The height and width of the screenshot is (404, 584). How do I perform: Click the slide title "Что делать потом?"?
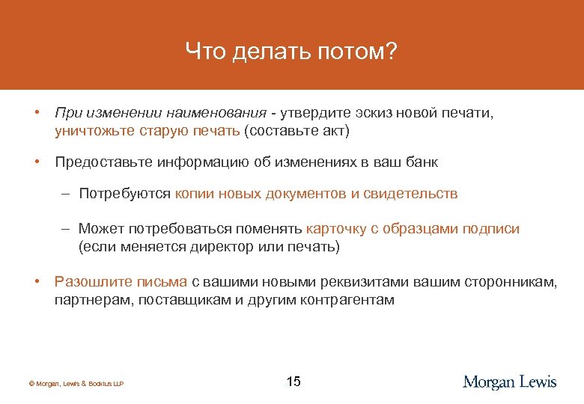pos(292,52)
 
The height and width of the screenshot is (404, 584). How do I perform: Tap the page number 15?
pos(293,382)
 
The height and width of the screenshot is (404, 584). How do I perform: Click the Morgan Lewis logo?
pos(509,382)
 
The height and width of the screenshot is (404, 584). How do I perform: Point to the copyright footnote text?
pos(76,384)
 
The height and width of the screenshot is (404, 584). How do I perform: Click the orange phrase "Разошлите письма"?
pos(121,281)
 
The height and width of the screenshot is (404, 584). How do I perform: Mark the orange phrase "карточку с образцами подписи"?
pos(413,228)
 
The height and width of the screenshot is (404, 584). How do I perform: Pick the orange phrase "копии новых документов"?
pos(261,194)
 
